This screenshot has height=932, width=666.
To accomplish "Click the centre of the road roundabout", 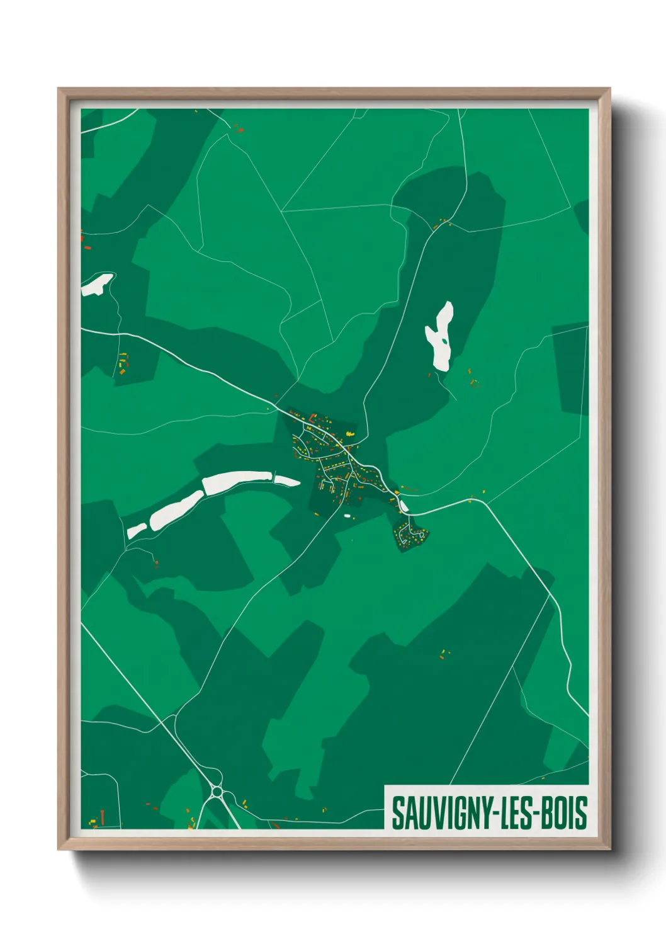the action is [x=217, y=791].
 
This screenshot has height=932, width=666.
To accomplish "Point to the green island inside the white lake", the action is [x=445, y=341].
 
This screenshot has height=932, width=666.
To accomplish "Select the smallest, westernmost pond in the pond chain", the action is [x=137, y=531].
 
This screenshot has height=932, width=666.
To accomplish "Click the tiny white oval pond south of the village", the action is [x=346, y=516].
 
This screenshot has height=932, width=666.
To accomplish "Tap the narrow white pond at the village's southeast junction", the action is [x=403, y=505].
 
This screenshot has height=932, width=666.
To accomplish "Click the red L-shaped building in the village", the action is [x=312, y=418].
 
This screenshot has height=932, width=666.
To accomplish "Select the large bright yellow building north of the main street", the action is [x=351, y=434].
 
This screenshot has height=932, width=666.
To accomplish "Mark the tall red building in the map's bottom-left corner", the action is [x=102, y=817].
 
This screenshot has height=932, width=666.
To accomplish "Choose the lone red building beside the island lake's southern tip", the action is [x=430, y=375].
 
